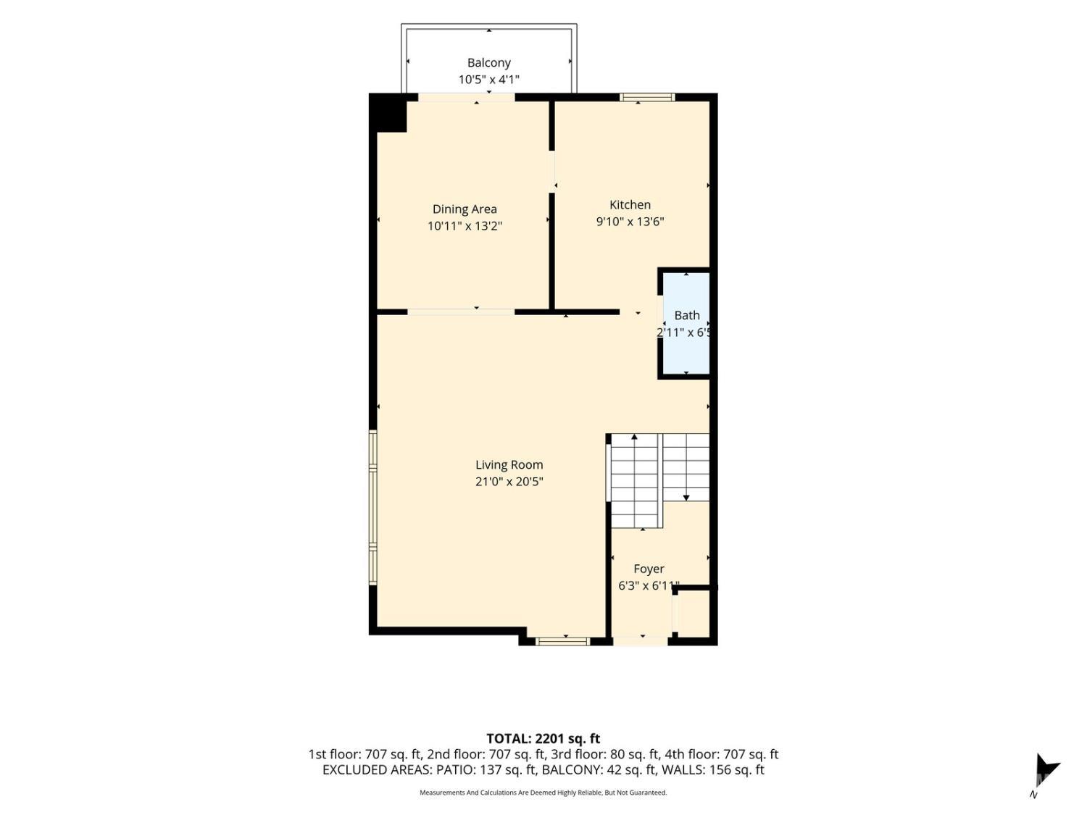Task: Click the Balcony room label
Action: point(488,63)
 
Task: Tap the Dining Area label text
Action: point(464,209)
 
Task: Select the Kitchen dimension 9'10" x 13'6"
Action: point(630,221)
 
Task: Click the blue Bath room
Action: point(686,323)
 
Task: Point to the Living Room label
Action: point(509,464)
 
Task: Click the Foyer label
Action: point(649,569)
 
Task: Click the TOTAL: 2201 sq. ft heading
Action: point(543,738)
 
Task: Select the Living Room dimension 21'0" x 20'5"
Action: point(509,482)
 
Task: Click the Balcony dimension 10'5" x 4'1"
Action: point(488,80)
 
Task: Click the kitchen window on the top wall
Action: point(646,97)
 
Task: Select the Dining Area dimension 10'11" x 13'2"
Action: point(465,226)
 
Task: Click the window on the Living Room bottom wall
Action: point(563,641)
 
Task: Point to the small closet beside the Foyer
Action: point(694,614)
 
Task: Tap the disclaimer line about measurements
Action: point(543,793)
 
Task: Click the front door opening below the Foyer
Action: point(641,641)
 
